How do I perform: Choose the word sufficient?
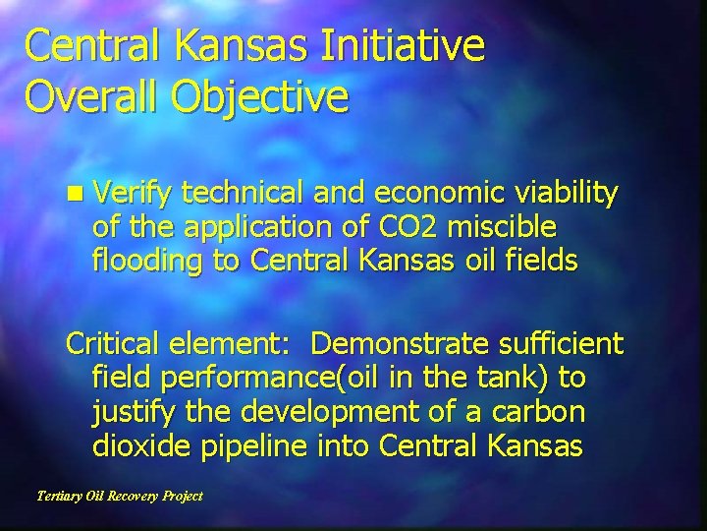(x=561, y=345)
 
